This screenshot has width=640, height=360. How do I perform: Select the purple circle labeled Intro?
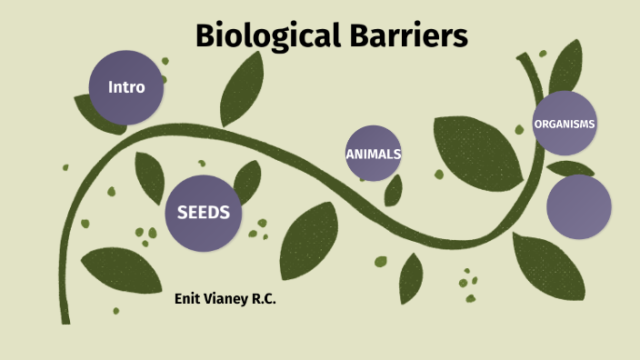(126, 87)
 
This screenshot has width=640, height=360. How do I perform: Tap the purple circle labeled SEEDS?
(203, 213)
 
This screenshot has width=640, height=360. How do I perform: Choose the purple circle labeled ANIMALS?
(373, 154)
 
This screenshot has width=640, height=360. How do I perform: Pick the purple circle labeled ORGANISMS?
(565, 124)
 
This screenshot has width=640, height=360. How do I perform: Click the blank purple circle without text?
(579, 207)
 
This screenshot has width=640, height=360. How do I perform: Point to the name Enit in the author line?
(188, 298)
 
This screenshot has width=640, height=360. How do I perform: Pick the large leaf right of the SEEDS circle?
(308, 239)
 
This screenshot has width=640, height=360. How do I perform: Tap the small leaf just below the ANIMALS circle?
(394, 190)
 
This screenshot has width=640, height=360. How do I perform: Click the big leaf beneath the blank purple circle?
(548, 265)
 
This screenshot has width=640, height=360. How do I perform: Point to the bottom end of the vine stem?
(65, 318)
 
